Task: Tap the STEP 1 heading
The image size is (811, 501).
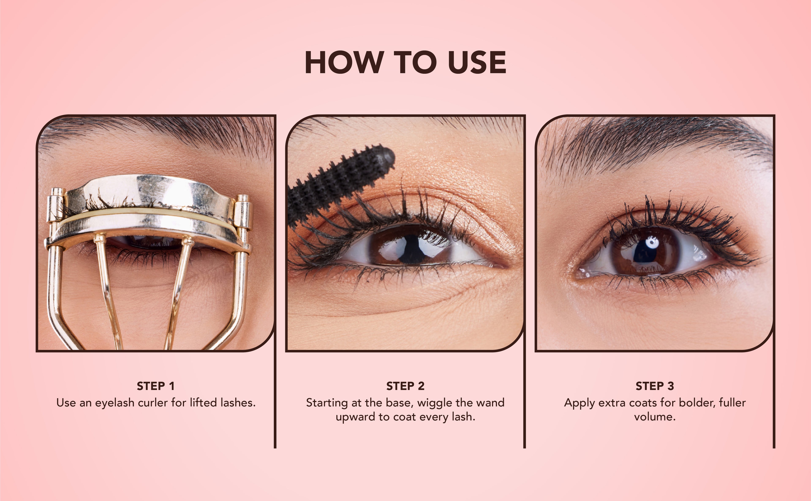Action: pos(155,386)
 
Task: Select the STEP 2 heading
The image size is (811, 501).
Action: pos(405,386)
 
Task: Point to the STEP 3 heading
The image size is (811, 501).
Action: pos(655,386)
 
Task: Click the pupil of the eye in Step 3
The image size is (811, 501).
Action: pos(644,252)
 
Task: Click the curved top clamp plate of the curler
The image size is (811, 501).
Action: pos(149,192)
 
